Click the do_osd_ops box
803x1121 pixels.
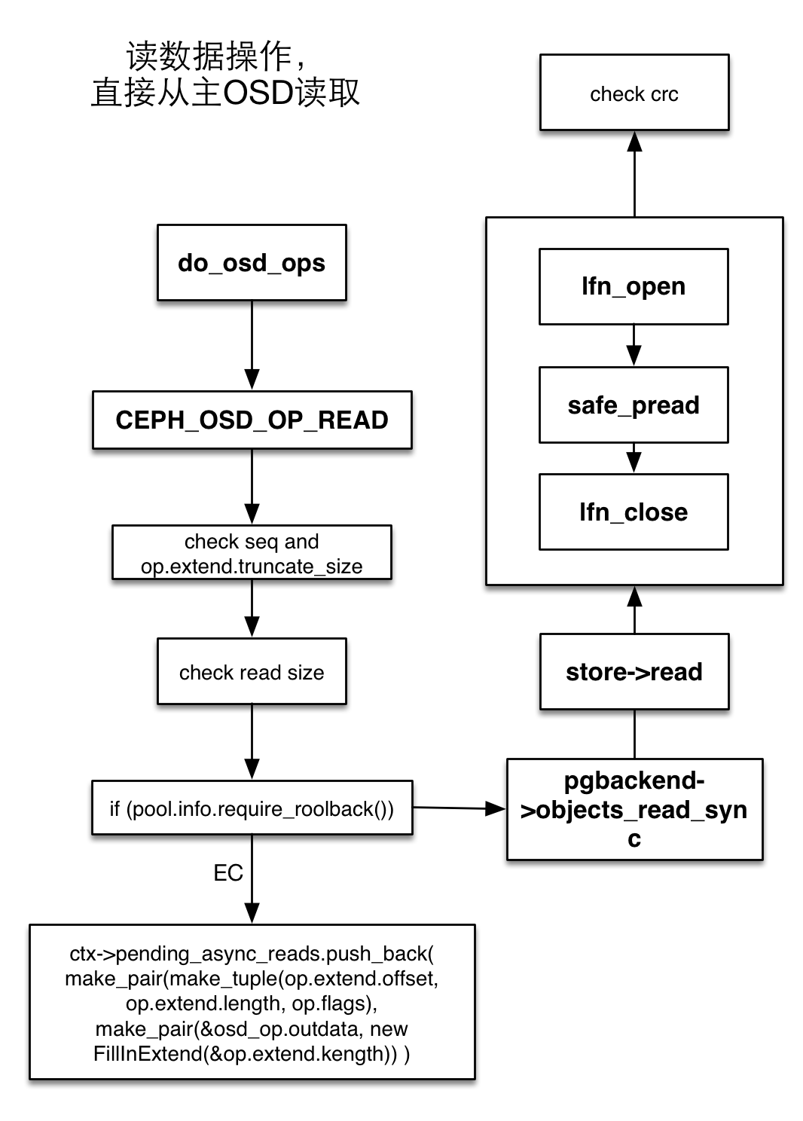252,263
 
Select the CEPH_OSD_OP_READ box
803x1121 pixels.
252,420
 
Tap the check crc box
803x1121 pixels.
634,93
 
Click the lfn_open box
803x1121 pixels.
634,286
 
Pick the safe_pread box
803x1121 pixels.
634,405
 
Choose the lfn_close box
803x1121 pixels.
634,512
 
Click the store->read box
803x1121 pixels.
634,671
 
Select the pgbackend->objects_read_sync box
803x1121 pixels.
634,809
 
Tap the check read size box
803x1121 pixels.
252,672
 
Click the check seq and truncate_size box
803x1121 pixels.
252,553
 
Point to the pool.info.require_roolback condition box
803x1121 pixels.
252,808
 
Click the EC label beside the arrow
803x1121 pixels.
227,873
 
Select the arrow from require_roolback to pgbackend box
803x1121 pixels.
459,808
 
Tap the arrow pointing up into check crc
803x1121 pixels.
634,173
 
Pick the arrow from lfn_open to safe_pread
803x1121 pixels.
634,346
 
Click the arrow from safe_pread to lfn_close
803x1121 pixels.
634,458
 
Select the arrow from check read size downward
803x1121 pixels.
252,742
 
